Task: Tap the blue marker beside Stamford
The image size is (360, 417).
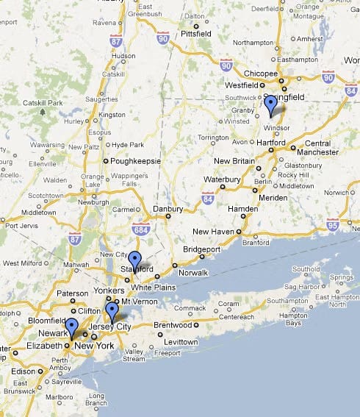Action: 134,260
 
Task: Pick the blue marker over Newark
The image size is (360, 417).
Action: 71,327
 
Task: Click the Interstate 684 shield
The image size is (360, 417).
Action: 140,230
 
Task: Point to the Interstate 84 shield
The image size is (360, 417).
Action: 208,197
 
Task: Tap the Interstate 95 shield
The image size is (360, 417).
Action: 332,224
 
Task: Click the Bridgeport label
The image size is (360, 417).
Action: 202,249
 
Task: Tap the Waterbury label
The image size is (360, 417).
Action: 223,179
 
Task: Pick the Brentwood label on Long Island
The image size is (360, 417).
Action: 173,324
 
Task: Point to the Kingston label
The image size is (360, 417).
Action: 112,115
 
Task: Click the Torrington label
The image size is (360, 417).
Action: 213,138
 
